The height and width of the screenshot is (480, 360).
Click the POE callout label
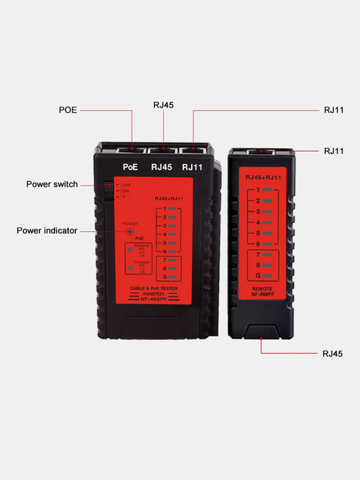tap(68, 110)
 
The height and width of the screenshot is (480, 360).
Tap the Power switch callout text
tap(52, 184)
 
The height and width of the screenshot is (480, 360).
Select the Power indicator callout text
tap(47, 231)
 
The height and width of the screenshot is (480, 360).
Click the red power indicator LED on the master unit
tap(130, 231)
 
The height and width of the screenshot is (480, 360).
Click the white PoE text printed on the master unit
tap(130, 167)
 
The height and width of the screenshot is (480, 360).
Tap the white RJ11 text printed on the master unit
tap(192, 167)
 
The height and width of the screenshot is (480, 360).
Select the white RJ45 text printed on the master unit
tap(161, 167)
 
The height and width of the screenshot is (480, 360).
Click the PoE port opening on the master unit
tap(132, 151)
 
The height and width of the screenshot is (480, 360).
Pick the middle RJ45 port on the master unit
tap(164, 151)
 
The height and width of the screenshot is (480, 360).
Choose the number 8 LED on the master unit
tap(172, 268)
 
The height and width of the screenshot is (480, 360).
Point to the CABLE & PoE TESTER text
tap(154, 288)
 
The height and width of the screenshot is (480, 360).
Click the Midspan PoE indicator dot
tap(130, 250)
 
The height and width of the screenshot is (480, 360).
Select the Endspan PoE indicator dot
tap(130, 268)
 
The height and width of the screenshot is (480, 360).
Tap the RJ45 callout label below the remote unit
tap(332, 354)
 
